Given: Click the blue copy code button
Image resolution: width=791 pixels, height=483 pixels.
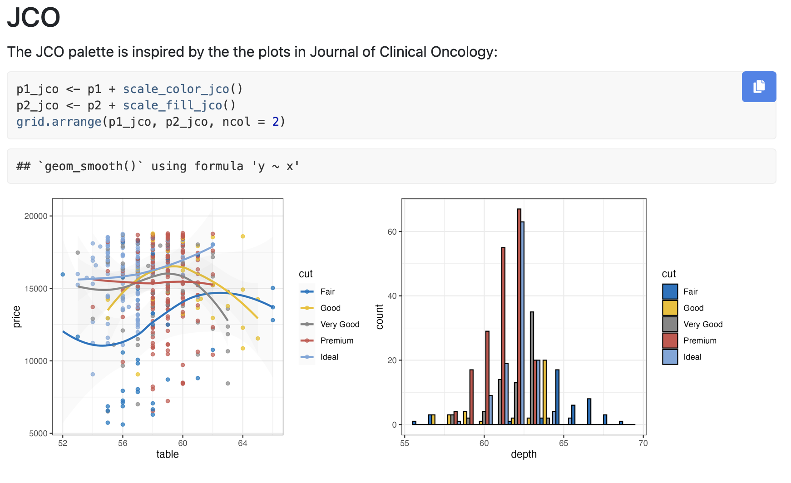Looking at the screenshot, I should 759,87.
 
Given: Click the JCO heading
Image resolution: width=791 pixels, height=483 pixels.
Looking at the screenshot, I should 34,18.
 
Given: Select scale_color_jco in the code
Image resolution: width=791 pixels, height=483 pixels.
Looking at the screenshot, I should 176,89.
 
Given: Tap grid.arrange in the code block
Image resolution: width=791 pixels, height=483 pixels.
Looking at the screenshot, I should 59,122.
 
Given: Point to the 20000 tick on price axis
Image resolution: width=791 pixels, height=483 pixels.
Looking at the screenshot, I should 36,216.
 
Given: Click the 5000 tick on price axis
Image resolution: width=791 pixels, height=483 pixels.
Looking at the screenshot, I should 38,434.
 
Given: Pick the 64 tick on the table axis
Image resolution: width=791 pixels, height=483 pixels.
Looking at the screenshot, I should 242,443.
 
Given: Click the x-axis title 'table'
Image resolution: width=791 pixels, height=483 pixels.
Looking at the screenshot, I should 168,454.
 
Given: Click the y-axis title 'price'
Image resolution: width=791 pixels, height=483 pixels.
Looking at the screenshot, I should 17,316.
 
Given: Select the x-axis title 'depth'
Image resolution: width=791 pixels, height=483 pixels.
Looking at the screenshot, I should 524,454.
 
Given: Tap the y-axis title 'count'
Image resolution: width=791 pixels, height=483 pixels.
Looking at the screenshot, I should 380,316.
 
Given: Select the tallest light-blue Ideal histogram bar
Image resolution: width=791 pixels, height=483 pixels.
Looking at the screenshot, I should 523,322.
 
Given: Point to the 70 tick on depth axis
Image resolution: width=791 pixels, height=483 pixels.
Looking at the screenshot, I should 643,443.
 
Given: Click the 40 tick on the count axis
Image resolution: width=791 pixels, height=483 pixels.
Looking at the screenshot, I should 392,296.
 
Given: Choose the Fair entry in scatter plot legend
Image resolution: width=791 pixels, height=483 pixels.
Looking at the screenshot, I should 327,291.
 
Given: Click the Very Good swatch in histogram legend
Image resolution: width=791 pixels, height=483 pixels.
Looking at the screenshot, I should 670,324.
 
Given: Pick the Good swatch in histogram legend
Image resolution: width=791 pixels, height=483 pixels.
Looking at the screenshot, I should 670,308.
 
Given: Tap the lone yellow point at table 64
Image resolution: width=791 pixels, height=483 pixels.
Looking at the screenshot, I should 243,237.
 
